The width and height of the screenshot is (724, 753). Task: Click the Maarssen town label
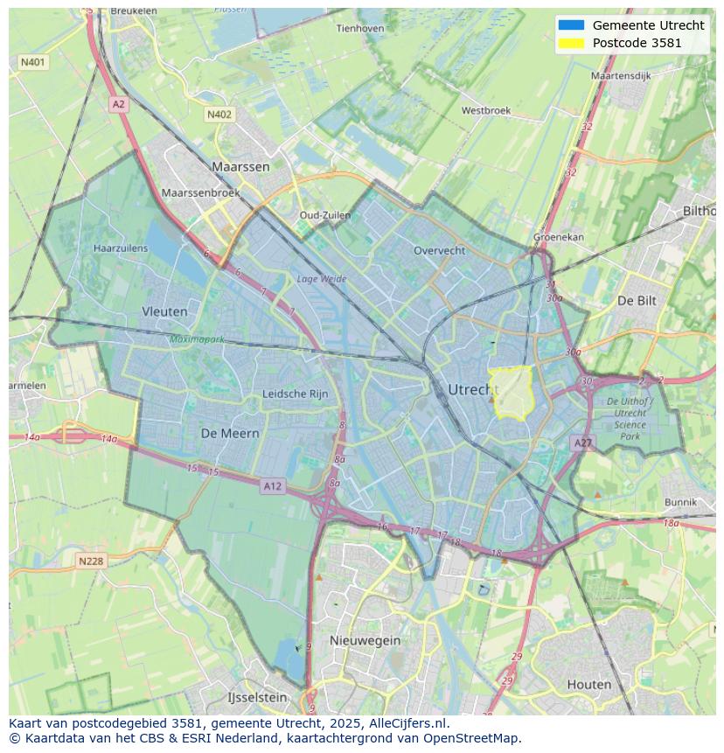[x=240, y=166]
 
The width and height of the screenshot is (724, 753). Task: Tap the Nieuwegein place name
[x=365, y=640]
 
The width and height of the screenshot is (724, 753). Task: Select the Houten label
[x=589, y=684]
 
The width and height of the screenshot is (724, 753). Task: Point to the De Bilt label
[x=637, y=300]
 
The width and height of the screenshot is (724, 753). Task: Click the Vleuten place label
[x=164, y=310]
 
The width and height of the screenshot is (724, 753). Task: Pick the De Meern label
[x=230, y=433]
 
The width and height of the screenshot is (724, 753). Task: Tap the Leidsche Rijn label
[x=296, y=394]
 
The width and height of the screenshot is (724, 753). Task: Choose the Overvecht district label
[x=439, y=250]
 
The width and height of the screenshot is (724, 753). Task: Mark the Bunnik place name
[x=680, y=502]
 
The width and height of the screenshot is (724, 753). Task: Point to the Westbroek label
[x=485, y=111]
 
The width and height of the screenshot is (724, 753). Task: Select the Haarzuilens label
[x=121, y=248]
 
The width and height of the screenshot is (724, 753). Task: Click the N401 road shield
[x=32, y=62]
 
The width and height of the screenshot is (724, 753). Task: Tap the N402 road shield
[x=219, y=115]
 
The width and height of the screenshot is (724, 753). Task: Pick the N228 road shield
[x=92, y=561]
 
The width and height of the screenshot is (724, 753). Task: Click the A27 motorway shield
[x=583, y=443]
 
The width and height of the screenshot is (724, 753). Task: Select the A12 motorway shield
[x=272, y=485]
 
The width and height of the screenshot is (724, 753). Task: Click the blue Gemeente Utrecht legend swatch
[x=570, y=25]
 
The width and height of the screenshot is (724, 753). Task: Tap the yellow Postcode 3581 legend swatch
[x=570, y=43]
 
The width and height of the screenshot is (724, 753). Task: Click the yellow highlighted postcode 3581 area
[x=512, y=392]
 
